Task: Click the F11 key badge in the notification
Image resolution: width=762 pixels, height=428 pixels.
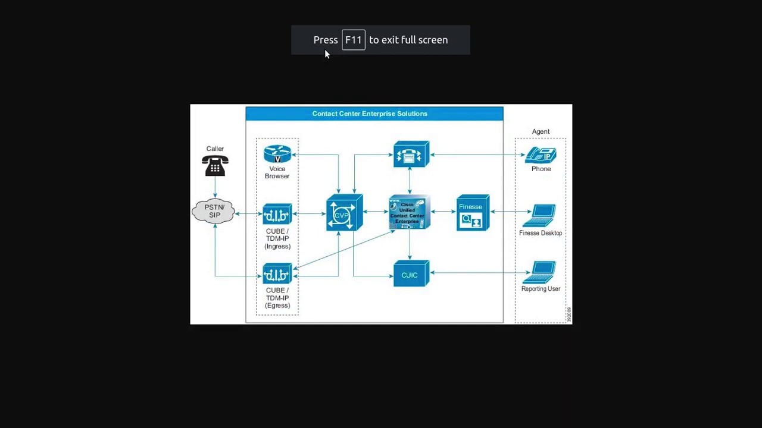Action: [x=353, y=40]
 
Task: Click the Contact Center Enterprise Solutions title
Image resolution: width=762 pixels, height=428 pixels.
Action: [x=370, y=114]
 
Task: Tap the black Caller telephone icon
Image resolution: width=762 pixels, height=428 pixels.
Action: [x=215, y=166]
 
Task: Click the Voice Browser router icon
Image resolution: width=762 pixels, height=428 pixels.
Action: [x=277, y=155]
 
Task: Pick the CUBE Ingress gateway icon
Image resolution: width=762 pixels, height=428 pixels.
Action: [x=277, y=214]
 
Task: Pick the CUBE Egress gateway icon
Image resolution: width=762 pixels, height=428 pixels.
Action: [x=277, y=274]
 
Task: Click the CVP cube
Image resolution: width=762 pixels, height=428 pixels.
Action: [x=343, y=213]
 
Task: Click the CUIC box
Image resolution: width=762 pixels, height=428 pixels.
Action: [x=410, y=275]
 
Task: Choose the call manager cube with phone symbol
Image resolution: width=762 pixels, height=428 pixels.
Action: [x=410, y=155]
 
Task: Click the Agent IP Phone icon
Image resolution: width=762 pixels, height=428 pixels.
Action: [x=541, y=155]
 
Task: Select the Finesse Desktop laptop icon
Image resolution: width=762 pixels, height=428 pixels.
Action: [x=541, y=216]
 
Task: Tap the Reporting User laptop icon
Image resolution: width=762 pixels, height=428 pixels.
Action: [x=541, y=273]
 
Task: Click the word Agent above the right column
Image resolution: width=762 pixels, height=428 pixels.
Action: [x=541, y=131]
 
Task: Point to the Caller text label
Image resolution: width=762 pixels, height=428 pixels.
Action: [x=215, y=149]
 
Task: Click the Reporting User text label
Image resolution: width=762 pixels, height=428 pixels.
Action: [x=541, y=289]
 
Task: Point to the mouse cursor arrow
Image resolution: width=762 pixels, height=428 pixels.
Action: [x=326, y=54]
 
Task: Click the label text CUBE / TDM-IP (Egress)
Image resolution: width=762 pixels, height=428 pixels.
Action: [x=277, y=298]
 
